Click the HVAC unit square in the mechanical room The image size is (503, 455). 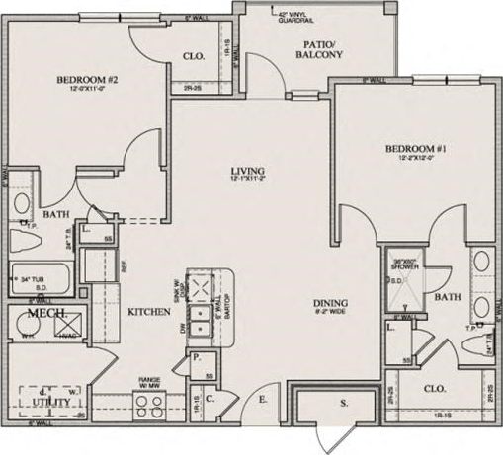click(x=72, y=323)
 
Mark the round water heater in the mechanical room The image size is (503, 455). click(x=22, y=325)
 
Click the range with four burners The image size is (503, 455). click(x=150, y=402)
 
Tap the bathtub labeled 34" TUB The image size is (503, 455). click(x=40, y=280)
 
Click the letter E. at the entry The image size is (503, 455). click(x=263, y=399)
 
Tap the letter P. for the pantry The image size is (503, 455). click(x=198, y=358)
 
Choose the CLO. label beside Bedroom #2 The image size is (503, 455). click(x=194, y=56)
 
